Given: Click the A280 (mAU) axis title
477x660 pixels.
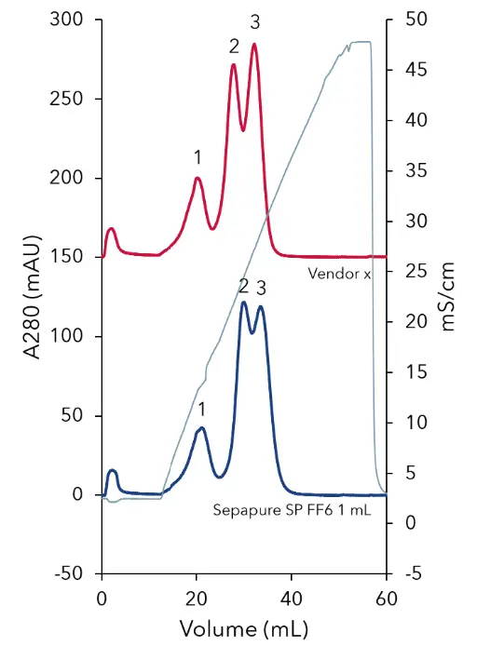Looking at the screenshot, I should pos(26,296).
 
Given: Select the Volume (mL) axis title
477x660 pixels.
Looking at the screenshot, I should pos(243,629).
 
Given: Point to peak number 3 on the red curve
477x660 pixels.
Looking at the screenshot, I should pos(254,20).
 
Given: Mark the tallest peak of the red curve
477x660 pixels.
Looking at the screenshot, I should pos(253,45).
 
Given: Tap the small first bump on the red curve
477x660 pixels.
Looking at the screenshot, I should pos(111,228).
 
